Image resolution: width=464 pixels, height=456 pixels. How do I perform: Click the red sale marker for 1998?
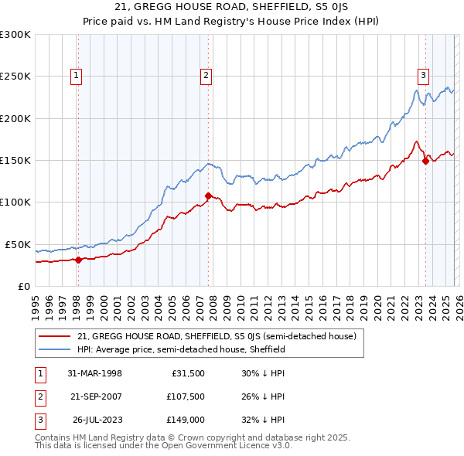coord(79,260)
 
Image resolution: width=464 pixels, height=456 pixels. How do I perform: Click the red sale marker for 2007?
coord(208,196)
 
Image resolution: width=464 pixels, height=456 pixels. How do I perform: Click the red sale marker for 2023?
coord(425,161)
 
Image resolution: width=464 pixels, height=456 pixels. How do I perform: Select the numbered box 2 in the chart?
coord(206,75)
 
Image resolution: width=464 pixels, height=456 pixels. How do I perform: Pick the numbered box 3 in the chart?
coord(424,75)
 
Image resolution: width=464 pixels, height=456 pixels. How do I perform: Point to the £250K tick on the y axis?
coord(15,77)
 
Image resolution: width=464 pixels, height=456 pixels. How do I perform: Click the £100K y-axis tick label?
coord(15,202)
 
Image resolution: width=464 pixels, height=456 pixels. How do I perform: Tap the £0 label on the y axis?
coord(22,286)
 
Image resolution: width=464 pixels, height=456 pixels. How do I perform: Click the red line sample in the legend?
coord(54,337)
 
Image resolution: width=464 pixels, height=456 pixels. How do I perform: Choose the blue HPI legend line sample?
coord(54,349)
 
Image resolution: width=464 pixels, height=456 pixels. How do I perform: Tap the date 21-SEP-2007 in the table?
coord(95,396)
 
